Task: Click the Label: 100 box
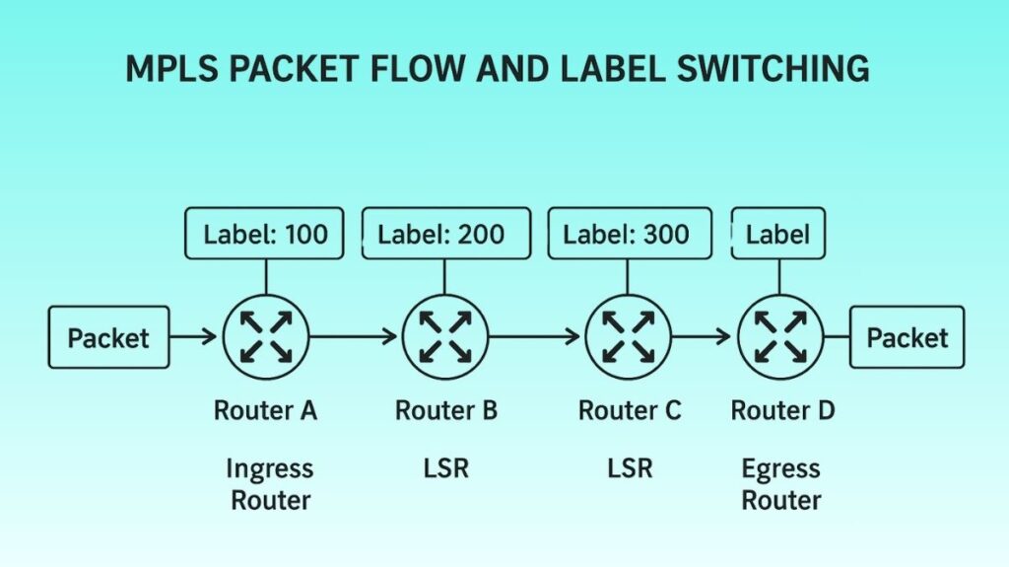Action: click(x=264, y=234)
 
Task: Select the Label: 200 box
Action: click(x=440, y=234)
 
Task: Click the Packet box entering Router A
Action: click(x=108, y=337)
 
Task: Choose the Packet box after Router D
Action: click(x=907, y=337)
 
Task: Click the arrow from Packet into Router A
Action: click(x=194, y=337)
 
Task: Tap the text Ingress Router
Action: click(x=270, y=484)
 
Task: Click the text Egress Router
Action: click(x=781, y=484)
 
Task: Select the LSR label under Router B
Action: click(x=445, y=468)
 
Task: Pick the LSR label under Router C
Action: click(x=629, y=468)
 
